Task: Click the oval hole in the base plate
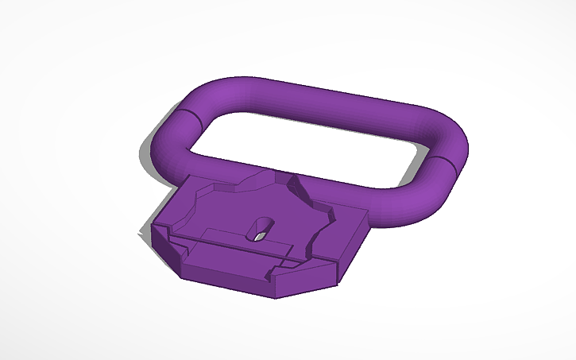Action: click(x=259, y=230)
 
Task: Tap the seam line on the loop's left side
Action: click(x=187, y=118)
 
